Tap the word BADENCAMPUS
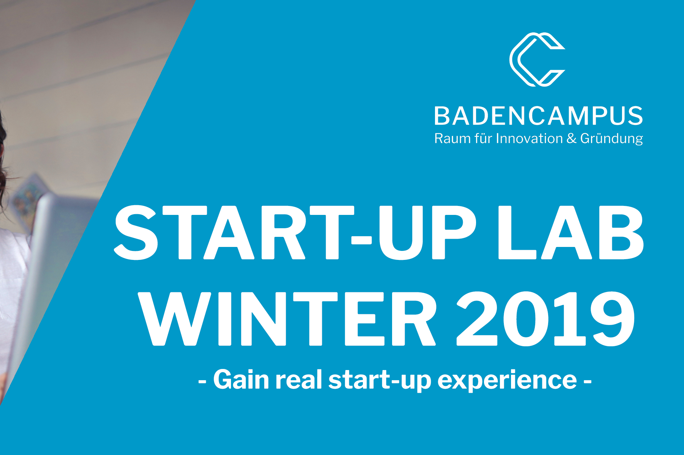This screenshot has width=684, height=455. [538, 116]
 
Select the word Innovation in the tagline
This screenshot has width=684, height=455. [529, 138]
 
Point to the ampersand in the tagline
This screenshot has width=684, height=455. [572, 139]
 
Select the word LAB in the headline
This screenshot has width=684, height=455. [570, 233]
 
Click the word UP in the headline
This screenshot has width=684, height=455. [427, 233]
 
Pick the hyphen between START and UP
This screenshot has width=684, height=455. [361, 240]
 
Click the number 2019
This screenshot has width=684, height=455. [546, 319]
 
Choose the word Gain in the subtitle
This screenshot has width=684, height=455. [241, 380]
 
